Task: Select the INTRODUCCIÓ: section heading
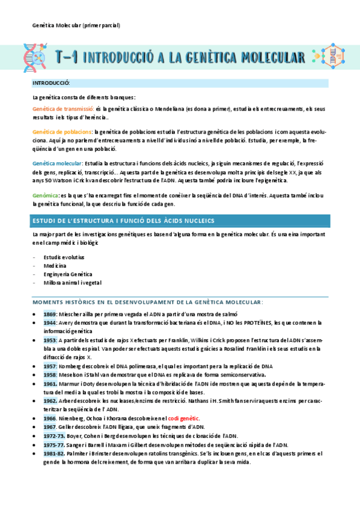pos(51,82)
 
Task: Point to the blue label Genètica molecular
pos(58,164)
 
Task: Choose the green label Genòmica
pos(46,195)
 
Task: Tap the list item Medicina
pos(55,265)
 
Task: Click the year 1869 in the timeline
pos(50,314)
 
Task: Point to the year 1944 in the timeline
pos(50,323)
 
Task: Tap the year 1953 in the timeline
pos(50,340)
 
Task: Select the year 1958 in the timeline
pos(50,374)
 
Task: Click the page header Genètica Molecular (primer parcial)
pos(76,25)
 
